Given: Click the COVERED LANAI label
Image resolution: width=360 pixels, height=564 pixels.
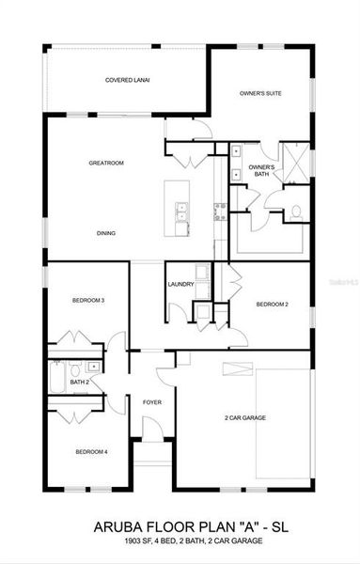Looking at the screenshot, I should click(x=127, y=80).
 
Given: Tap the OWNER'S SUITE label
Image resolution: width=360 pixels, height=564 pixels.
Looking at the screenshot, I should click(x=259, y=93).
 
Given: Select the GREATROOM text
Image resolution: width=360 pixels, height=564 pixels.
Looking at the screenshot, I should click(x=106, y=163).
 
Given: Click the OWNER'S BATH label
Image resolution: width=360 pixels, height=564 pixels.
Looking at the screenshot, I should click(x=261, y=171).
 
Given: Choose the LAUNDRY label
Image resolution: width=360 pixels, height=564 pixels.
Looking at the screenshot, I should click(x=180, y=284).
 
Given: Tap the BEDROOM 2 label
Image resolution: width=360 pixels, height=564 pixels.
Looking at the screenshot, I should click(x=272, y=305).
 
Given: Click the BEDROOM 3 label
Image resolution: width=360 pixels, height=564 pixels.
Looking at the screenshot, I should click(x=87, y=300).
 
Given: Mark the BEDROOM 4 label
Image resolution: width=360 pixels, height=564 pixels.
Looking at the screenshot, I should click(x=91, y=451).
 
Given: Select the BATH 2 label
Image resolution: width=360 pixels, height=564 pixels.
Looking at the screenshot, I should click(x=80, y=383).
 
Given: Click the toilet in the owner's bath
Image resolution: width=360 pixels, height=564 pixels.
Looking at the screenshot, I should click(x=294, y=211).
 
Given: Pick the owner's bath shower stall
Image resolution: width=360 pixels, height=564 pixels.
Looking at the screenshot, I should click(x=296, y=165).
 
